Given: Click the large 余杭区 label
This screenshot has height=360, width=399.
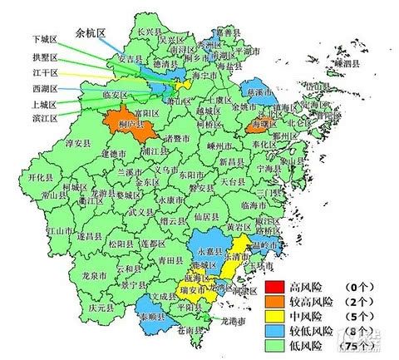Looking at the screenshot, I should tap(91, 34).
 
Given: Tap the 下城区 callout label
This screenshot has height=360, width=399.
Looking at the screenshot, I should tap(44, 38).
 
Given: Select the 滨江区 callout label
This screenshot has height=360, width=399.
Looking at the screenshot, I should tap(44, 119).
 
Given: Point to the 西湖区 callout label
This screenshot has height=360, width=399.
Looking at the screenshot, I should tap(44, 87).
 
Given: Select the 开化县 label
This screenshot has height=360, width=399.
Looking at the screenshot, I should tap(41, 178).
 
